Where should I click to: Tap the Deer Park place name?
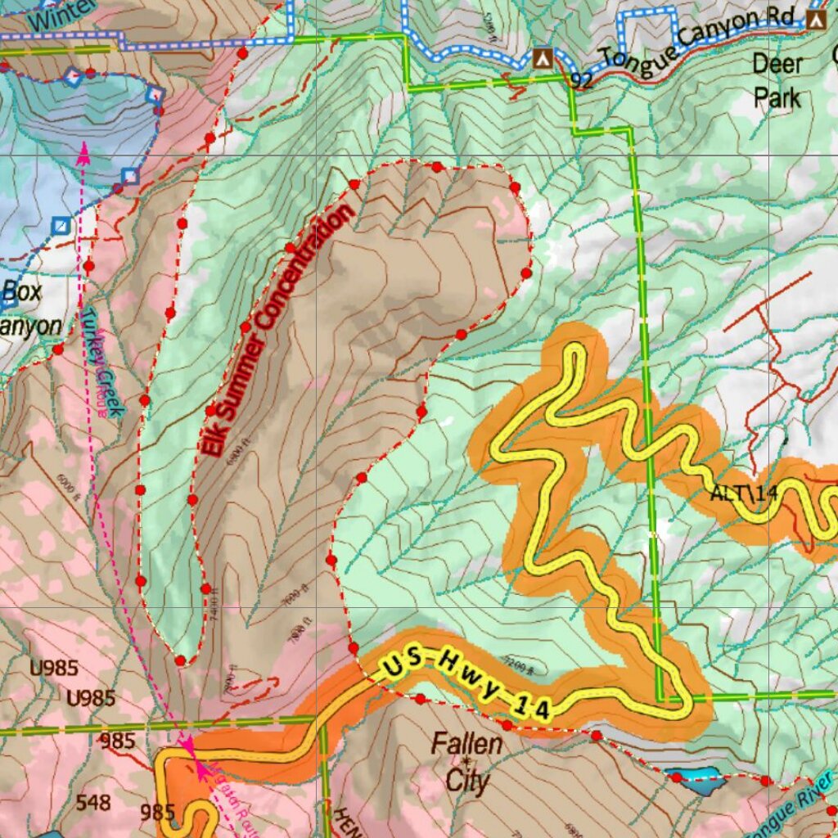[777, 80]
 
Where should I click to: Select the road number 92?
[582, 80]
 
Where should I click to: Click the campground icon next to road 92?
[541, 57]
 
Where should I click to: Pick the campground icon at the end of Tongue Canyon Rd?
[816, 19]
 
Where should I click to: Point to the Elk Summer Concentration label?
[278, 329]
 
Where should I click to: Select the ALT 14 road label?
[743, 493]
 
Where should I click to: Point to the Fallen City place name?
[467, 762]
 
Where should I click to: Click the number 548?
[92, 802]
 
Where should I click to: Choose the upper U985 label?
[54, 668]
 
